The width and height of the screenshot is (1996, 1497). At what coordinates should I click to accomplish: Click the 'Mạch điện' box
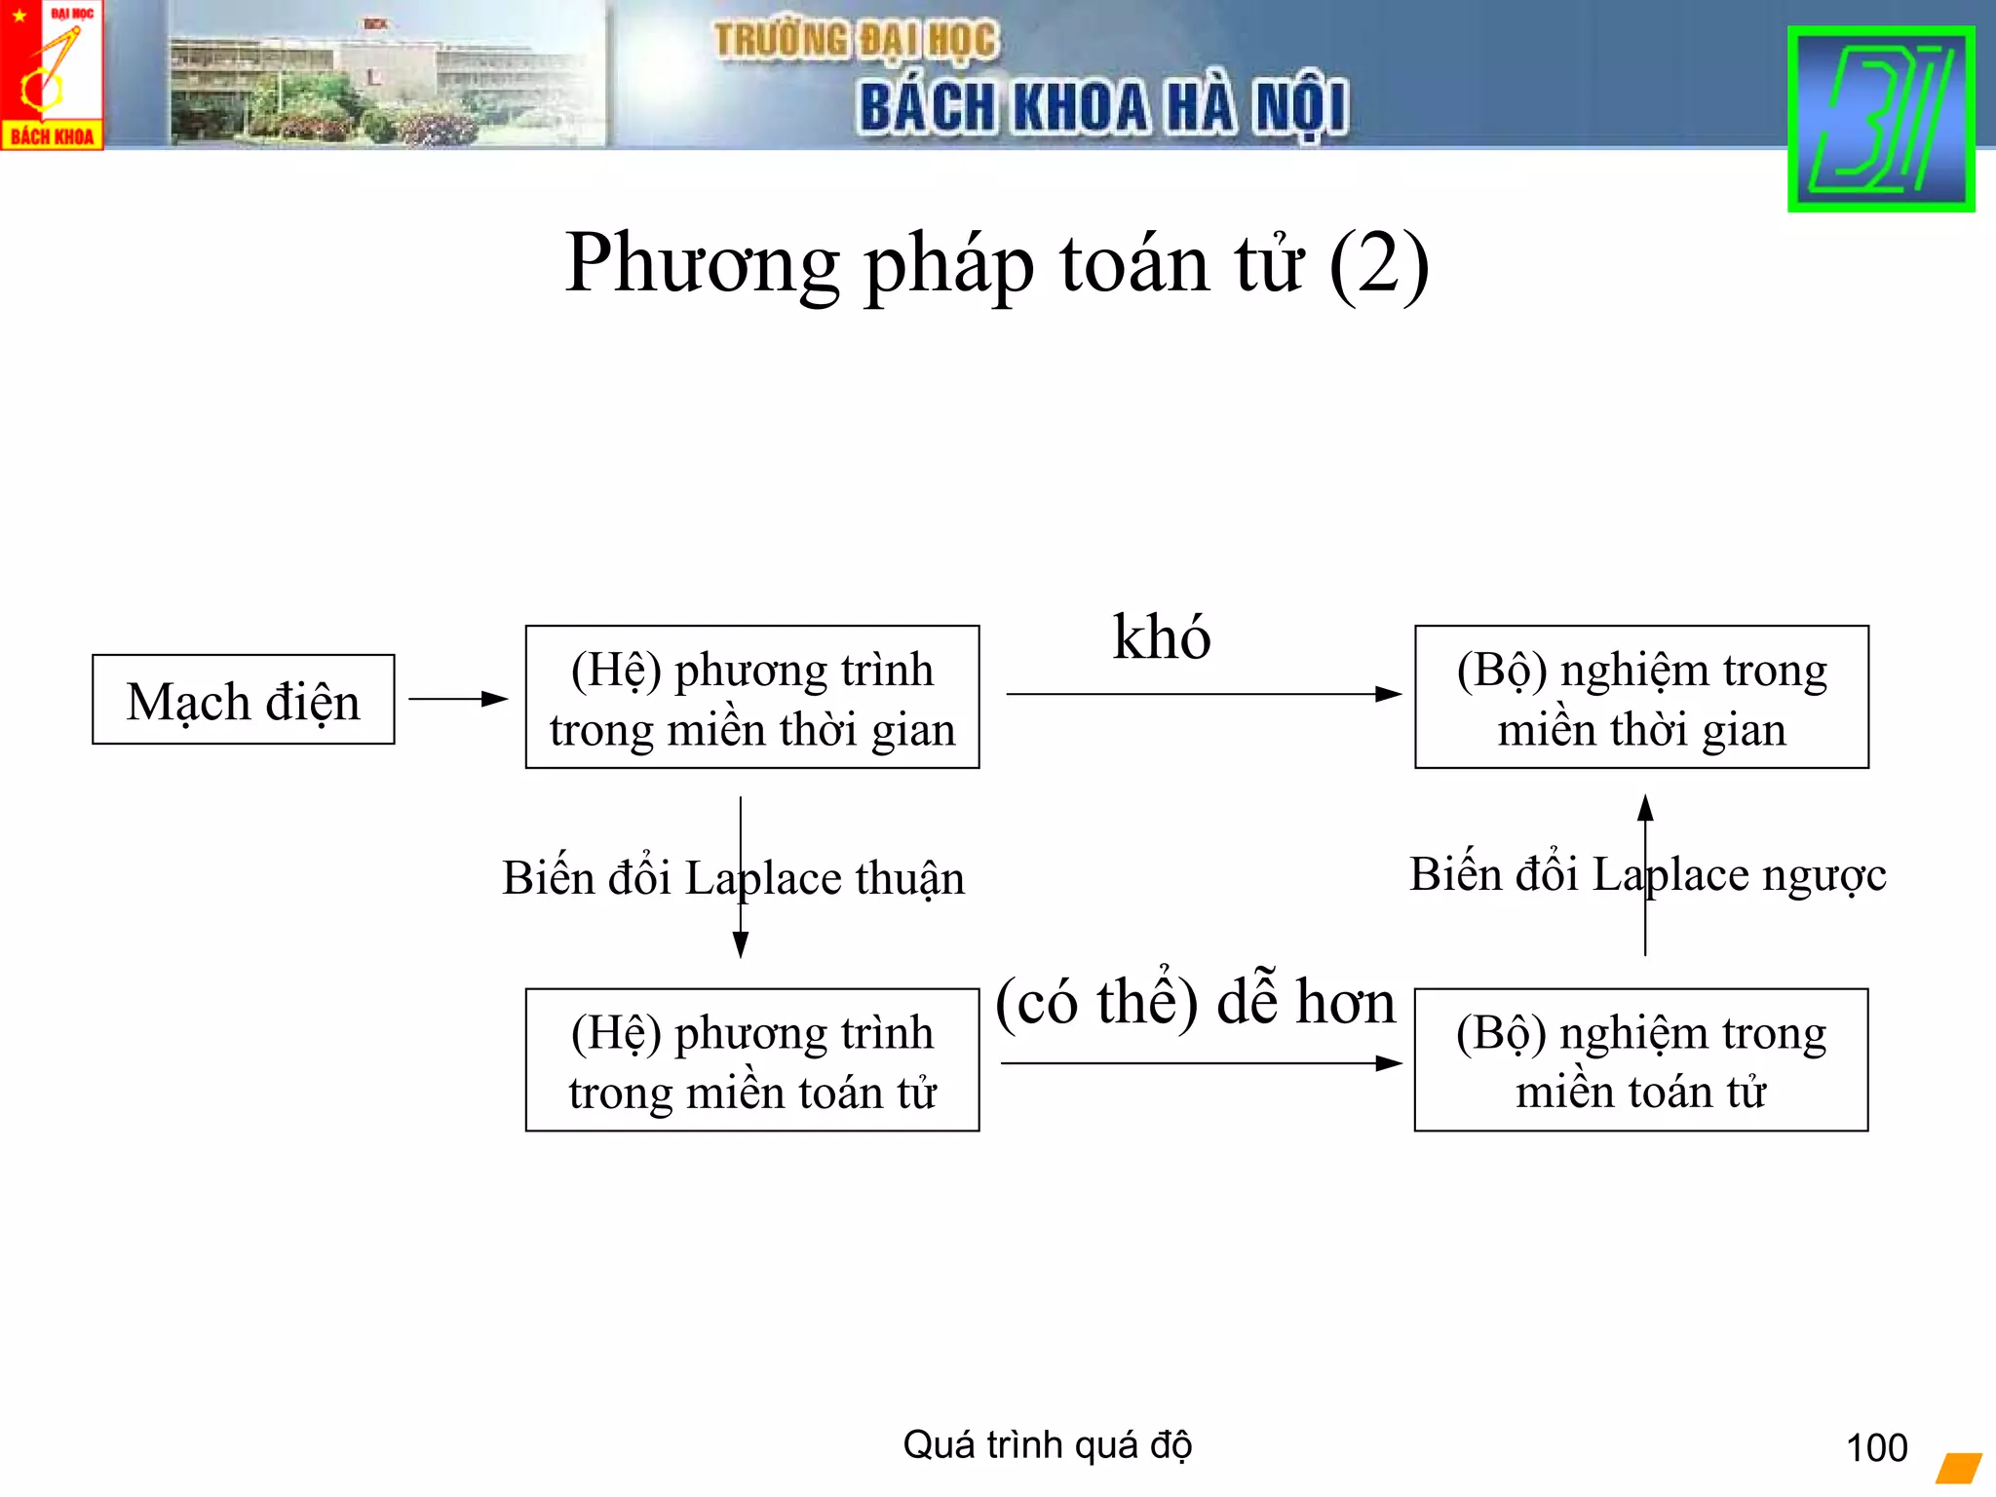pyautogui.click(x=244, y=700)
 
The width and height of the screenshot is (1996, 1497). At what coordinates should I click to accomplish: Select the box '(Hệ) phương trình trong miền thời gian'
pyautogui.click(x=751, y=697)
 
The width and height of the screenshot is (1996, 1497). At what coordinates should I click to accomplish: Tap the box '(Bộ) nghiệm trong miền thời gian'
pyautogui.click(x=1641, y=697)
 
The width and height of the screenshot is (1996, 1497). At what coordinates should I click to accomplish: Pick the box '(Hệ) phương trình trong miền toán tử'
pyautogui.click(x=751, y=1060)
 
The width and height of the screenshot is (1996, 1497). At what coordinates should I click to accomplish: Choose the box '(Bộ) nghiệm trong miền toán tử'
pyautogui.click(x=1641, y=1060)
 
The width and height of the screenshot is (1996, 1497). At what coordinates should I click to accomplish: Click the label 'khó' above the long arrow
pyautogui.click(x=1162, y=637)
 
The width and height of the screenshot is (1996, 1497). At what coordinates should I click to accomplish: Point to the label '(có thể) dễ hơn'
pyautogui.click(x=1195, y=1002)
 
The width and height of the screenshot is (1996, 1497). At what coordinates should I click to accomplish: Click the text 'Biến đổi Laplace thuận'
pyautogui.click(x=733, y=878)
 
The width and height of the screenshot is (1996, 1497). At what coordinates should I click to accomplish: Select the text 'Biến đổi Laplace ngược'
pyautogui.click(x=1647, y=874)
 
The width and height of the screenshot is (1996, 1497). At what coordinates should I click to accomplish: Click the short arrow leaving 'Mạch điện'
pyautogui.click(x=458, y=699)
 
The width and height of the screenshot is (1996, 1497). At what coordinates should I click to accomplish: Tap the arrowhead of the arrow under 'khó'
pyautogui.click(x=1389, y=694)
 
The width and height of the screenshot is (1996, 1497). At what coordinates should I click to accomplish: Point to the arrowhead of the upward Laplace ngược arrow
pyautogui.click(x=1645, y=808)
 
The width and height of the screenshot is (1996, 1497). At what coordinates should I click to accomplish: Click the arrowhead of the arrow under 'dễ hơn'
pyautogui.click(x=1389, y=1063)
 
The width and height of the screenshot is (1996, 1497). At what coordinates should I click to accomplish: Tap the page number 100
pyautogui.click(x=1876, y=1448)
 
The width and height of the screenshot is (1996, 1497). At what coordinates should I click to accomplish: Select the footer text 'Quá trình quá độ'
pyautogui.click(x=1047, y=1445)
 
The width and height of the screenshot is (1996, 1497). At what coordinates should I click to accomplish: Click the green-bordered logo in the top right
pyautogui.click(x=1881, y=119)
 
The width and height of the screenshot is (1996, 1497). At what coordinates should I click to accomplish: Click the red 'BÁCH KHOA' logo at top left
pyautogui.click(x=52, y=75)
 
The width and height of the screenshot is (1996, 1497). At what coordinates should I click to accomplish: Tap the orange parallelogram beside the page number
pyautogui.click(x=1959, y=1468)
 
